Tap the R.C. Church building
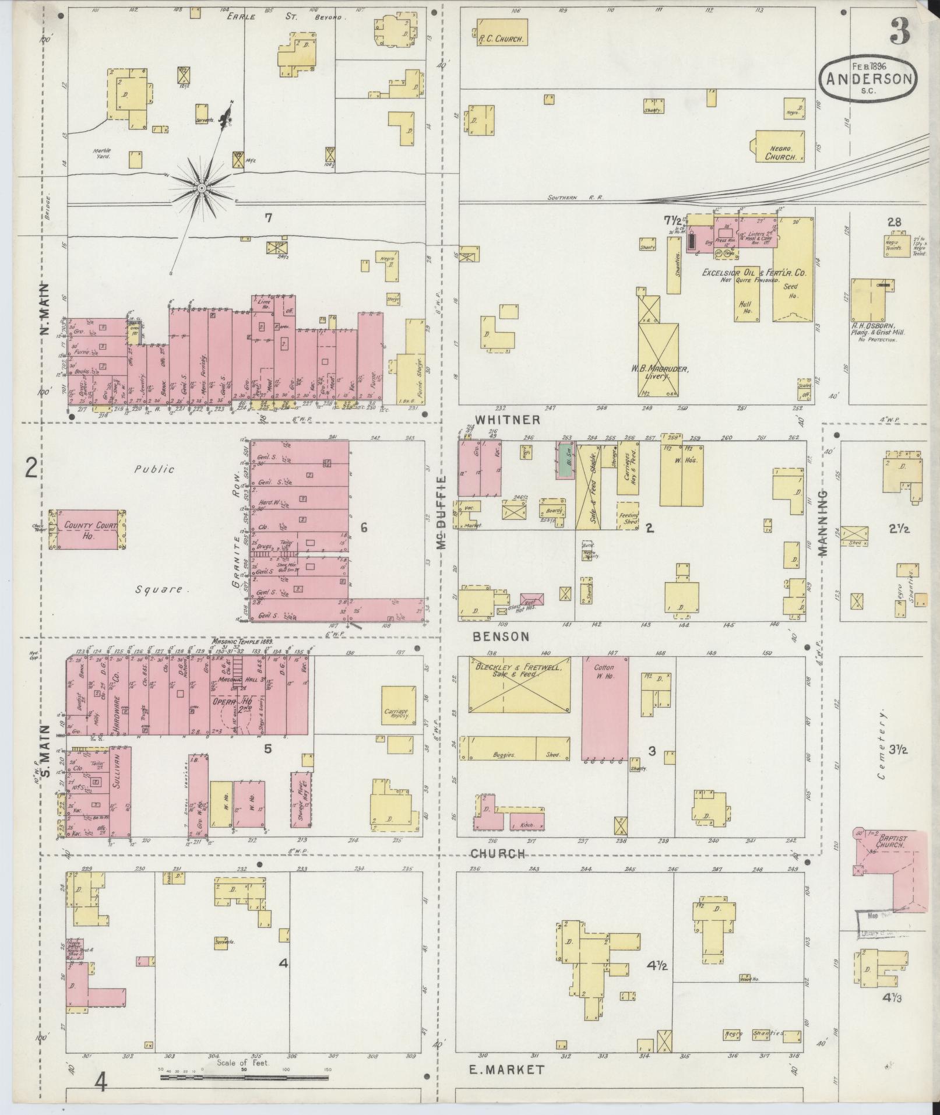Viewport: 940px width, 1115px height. click(502, 33)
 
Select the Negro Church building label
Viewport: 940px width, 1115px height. click(780, 153)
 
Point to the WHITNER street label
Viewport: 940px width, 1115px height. click(507, 420)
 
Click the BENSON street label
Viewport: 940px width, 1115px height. click(501, 637)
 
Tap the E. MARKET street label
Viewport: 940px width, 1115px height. click(506, 1069)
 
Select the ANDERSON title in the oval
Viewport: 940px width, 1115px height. click(868, 80)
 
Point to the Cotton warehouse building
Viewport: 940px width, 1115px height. click(605, 708)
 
